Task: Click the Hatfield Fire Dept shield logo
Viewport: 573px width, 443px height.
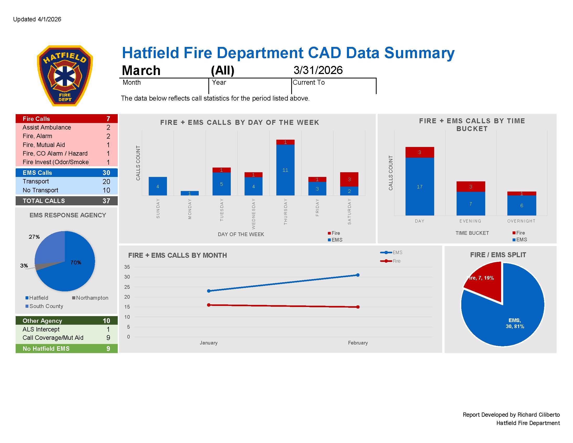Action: (65, 76)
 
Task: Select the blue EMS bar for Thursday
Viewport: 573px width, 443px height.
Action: (285, 170)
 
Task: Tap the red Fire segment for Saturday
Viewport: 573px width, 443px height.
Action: (349, 179)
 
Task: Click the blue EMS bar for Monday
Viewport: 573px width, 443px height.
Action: (189, 193)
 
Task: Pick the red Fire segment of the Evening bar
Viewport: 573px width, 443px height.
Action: (470, 187)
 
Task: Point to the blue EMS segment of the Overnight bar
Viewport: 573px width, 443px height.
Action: (521, 205)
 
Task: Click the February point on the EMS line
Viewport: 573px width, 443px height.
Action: (358, 275)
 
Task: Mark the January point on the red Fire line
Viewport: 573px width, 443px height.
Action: (209, 305)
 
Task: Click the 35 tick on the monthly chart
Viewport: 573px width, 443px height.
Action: (127, 267)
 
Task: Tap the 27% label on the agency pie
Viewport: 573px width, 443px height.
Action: (34, 237)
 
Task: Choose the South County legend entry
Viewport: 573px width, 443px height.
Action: (44, 306)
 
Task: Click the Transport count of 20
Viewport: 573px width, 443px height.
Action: (106, 181)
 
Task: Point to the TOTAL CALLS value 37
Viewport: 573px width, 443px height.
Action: (106, 201)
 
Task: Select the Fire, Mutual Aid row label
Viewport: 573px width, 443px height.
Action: (44, 145)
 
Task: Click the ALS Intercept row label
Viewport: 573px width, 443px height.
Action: (41, 329)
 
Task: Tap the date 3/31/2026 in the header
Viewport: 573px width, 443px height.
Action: (318, 70)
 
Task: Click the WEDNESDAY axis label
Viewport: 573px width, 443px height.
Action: (253, 214)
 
